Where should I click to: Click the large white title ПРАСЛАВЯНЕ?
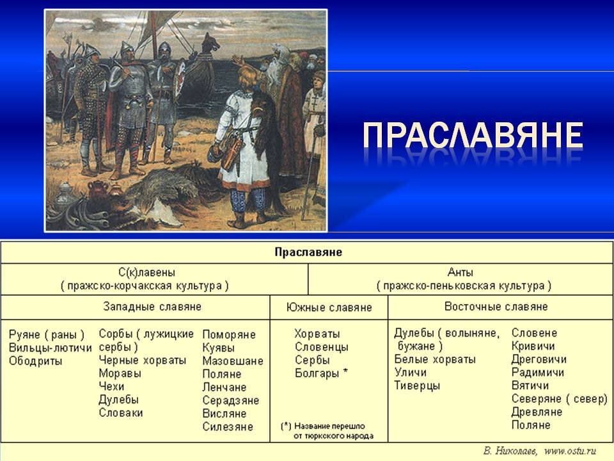473,136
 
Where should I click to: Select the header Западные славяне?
152,307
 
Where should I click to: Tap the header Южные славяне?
329,307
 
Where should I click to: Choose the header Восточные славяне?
496,307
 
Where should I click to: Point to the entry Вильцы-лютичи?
51,348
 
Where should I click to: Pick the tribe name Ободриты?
36,361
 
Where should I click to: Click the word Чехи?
111,386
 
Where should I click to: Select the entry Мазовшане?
233,361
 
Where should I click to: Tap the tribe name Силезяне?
228,426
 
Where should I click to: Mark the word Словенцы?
322,347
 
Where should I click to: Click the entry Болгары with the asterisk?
321,373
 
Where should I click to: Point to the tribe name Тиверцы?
417,385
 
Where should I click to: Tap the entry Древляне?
537,412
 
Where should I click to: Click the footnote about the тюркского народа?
327,430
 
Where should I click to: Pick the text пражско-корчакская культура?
145,286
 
